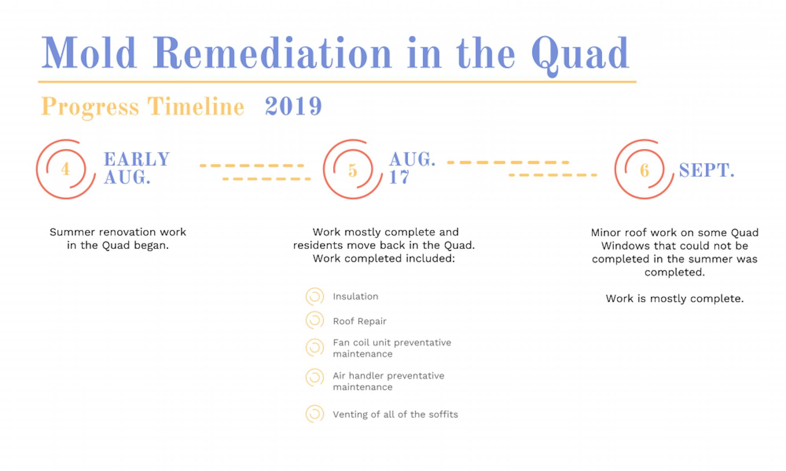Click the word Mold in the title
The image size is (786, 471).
pyautogui.click(x=89, y=53)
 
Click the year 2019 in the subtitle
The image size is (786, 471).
pyautogui.click(x=293, y=106)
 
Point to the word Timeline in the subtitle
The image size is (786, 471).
pyautogui.click(x=196, y=106)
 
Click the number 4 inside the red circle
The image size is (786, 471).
pyautogui.click(x=66, y=169)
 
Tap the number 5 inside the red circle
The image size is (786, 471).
pyautogui.click(x=353, y=170)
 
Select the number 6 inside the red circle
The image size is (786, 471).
pyautogui.click(x=644, y=170)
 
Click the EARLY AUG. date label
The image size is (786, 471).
pyautogui.click(x=136, y=168)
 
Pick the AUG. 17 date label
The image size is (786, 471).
pyautogui.click(x=412, y=168)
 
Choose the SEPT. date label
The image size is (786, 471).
pyautogui.click(x=706, y=170)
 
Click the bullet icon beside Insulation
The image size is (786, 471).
pyautogui.click(x=315, y=296)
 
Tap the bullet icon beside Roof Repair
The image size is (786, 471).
pyautogui.click(x=315, y=321)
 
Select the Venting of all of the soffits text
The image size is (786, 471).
pyautogui.click(x=395, y=414)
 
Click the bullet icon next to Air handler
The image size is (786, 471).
pyautogui.click(x=315, y=378)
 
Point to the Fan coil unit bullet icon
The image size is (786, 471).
pyautogui.click(x=315, y=348)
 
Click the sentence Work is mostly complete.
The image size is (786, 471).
pyautogui.click(x=674, y=299)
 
